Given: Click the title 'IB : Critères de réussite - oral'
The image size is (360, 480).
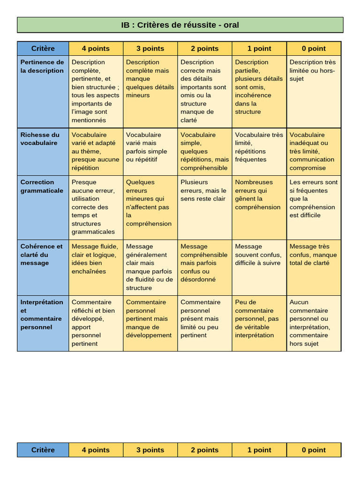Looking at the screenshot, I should [180, 25].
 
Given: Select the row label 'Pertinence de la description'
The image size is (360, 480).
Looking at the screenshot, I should [42, 67].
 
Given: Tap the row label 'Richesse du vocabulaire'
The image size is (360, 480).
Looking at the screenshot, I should [40, 139].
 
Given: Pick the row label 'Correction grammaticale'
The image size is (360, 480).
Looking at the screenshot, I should [42, 187].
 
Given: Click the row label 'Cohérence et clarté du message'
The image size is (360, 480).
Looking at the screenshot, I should [41, 255].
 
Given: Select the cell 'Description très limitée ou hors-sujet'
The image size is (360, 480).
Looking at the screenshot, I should [313, 70].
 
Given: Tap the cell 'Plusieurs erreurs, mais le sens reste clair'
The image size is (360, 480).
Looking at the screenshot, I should [203, 190].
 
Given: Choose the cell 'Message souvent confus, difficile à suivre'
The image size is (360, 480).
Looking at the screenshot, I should [258, 255].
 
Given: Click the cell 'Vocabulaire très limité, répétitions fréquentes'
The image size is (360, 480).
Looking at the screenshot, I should [259, 147].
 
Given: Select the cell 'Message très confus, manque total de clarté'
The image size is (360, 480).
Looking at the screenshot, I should [313, 255].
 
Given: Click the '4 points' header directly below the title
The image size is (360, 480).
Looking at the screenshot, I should [96, 48].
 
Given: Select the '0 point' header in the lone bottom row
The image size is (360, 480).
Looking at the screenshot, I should [314, 450].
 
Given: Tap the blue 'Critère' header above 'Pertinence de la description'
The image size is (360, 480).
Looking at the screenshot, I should [43, 48].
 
